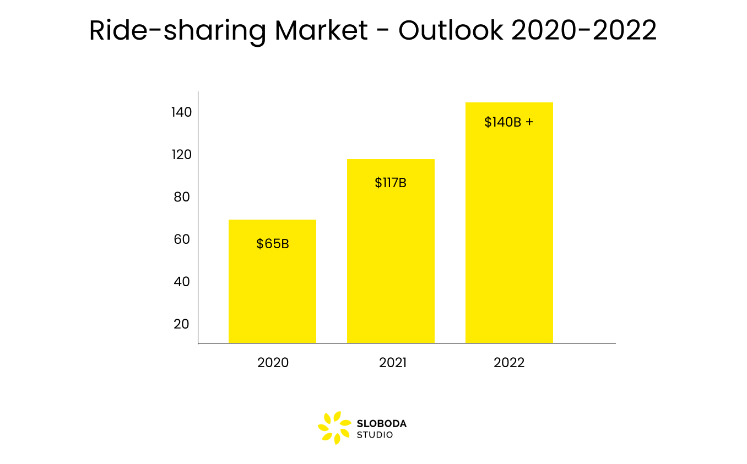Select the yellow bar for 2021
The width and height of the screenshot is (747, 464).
click(391, 264)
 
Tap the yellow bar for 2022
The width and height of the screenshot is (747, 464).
click(509, 231)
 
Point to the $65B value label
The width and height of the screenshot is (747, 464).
click(273, 244)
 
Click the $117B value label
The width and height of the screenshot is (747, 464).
click(391, 183)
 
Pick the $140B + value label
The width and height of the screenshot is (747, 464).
click(508, 122)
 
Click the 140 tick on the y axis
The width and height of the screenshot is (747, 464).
click(181, 112)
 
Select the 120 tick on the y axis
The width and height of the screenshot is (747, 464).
click(181, 155)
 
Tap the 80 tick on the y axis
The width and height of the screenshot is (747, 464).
click(181, 197)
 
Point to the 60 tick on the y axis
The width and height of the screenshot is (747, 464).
click(181, 239)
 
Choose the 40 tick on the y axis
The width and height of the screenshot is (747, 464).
click(181, 282)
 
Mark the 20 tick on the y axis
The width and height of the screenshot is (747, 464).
click(181, 324)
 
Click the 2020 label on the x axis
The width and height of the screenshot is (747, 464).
click(273, 363)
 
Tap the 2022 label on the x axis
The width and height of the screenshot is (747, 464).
click(509, 363)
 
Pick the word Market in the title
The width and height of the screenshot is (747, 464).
click(321, 31)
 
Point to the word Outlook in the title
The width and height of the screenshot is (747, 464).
click(451, 31)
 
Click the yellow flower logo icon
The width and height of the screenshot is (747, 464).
click(334, 428)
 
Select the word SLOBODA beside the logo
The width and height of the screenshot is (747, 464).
click(382, 424)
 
